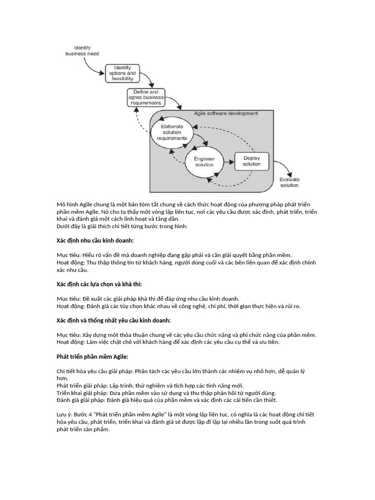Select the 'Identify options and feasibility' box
tap(123, 73)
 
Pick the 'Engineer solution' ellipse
tap(204, 162)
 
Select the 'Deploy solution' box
tap(251, 161)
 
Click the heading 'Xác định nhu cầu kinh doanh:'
tap(95, 241)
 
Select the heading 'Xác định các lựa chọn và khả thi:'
tap(99, 284)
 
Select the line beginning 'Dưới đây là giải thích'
tap(122, 227)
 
